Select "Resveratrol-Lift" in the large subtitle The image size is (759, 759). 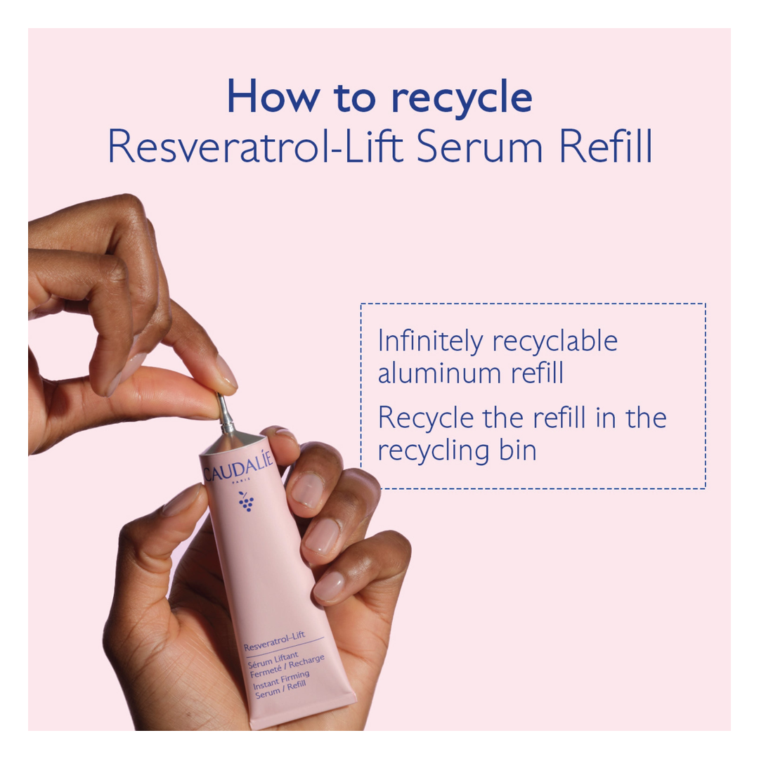pyautogui.click(x=256, y=145)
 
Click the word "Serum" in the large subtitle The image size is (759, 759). pyautogui.click(x=479, y=146)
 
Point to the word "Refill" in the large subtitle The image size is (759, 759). pyautogui.click(x=606, y=145)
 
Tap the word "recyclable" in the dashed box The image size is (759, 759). pyautogui.click(x=554, y=342)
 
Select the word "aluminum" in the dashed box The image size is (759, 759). pyautogui.click(x=439, y=373)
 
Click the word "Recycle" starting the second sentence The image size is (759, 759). pyautogui.click(x=425, y=418)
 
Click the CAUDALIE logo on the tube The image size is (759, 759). pyautogui.click(x=239, y=467)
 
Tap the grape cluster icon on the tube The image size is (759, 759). pyautogui.click(x=246, y=502)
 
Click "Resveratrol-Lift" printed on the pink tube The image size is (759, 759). pyautogui.click(x=275, y=641)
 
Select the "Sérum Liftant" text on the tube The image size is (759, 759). pyautogui.click(x=273, y=659)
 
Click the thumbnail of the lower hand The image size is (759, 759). pyautogui.click(x=183, y=499)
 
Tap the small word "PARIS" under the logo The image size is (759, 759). pyautogui.click(x=241, y=481)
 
